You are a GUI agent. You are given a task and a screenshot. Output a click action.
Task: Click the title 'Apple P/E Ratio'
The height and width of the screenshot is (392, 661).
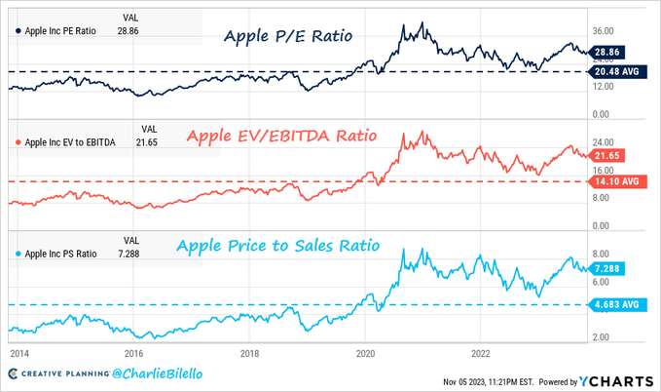pyautogui.click(x=288, y=37)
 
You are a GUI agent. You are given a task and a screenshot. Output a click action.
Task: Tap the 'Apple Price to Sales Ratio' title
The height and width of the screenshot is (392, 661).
pyautogui.click(x=291, y=246)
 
